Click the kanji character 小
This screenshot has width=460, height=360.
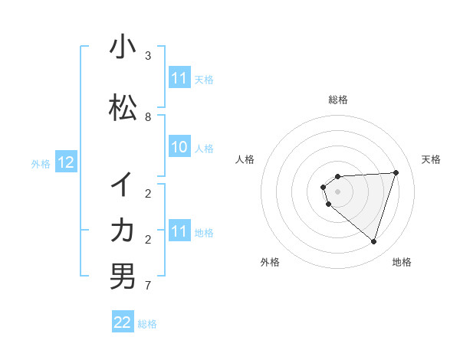click(123, 47)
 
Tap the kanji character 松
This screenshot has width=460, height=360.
click(123, 108)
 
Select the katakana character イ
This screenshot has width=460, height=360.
click(123, 184)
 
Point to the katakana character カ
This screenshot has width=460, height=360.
click(123, 230)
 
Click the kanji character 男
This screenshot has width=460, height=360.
click(123, 276)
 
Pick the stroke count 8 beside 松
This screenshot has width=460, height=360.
click(148, 117)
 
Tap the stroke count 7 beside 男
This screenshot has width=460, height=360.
click(148, 286)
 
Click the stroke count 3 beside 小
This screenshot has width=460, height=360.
click(148, 56)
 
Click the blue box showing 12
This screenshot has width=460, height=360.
click(66, 162)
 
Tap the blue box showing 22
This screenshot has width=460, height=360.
click(123, 322)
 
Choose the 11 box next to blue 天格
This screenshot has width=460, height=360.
click(179, 78)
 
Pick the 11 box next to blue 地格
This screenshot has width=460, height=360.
click(179, 231)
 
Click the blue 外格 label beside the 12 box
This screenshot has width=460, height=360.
click(41, 163)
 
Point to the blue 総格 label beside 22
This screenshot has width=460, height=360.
click(147, 324)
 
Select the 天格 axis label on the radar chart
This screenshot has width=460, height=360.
click(432, 159)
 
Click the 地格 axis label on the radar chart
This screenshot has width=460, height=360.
click(402, 262)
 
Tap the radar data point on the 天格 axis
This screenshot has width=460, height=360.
click(396, 172)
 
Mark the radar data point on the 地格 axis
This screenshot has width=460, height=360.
click(373, 241)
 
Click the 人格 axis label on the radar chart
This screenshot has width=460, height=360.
click(245, 159)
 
